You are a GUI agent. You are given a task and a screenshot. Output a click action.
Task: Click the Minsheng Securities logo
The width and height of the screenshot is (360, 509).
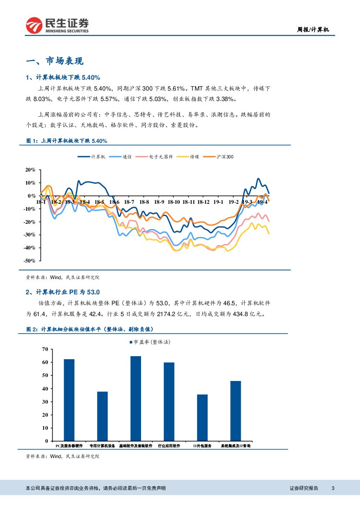(x=57, y=25)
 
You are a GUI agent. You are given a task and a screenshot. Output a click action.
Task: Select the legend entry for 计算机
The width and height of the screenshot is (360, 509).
(x=92, y=157)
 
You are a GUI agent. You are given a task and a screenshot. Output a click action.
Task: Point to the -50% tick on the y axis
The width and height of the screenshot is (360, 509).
(x=30, y=260)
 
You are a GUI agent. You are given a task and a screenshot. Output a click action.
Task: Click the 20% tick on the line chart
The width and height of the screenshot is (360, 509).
(x=30, y=170)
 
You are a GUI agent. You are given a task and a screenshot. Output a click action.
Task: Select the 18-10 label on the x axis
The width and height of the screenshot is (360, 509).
(x=174, y=202)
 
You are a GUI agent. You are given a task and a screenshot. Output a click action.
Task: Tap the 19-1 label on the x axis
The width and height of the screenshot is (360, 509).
(x=218, y=202)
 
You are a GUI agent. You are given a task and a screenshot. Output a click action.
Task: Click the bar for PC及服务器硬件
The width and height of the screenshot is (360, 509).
(x=69, y=400)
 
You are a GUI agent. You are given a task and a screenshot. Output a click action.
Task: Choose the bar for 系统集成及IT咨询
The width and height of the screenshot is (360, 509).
(x=236, y=411)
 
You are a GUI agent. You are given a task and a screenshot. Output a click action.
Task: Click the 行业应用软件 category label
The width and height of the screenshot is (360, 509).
(x=169, y=446)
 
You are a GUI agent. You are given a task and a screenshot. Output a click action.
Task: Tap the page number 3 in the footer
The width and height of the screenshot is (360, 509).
(x=333, y=488)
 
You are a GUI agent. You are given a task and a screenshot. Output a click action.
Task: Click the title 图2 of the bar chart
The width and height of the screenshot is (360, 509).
(x=90, y=329)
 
